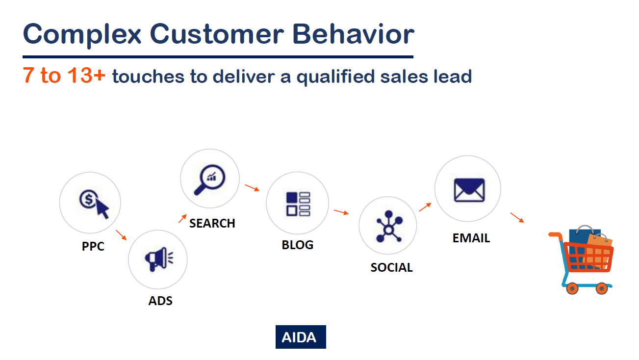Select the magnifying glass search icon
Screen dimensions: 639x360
point(210,180)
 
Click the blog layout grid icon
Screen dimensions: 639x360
point(298,204)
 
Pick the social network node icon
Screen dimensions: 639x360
point(389,227)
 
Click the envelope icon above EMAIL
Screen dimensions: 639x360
point(469,190)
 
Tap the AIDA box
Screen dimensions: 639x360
point(301,337)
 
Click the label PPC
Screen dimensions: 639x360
point(93,246)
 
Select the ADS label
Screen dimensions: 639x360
point(160,301)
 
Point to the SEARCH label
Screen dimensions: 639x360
point(212,223)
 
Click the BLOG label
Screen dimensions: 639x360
point(298,245)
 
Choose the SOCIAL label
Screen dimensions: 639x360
point(392,267)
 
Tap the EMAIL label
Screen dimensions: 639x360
point(471,238)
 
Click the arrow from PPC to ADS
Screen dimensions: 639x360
point(121,235)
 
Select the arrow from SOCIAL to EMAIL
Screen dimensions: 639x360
point(425,207)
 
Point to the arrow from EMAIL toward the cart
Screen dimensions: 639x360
point(517,217)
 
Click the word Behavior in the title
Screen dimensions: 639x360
point(353,34)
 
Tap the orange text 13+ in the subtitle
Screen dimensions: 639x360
point(86,76)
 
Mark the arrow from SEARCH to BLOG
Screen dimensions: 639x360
point(252,188)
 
